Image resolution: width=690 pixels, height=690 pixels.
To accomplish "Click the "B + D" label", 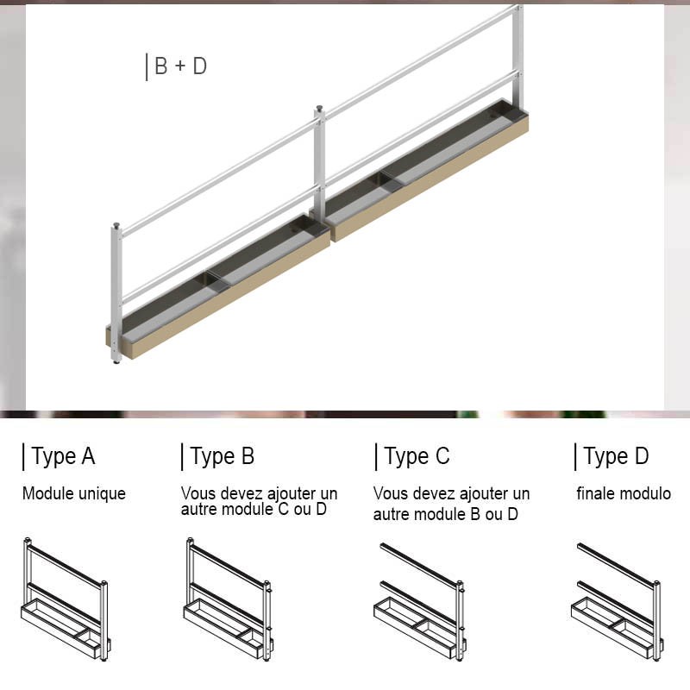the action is pyautogui.click(x=180, y=66).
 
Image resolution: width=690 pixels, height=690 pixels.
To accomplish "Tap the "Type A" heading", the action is pyautogui.click(x=63, y=456).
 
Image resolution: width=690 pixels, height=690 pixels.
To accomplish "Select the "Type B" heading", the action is pyautogui.click(x=223, y=456).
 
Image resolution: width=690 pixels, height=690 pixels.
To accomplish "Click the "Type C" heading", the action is pyautogui.click(x=417, y=456).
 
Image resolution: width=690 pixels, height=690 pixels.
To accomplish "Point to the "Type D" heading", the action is pyautogui.click(x=616, y=456).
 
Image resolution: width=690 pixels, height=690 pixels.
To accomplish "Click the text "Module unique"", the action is pyautogui.click(x=74, y=493).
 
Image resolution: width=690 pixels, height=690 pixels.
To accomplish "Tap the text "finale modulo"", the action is pyautogui.click(x=624, y=493).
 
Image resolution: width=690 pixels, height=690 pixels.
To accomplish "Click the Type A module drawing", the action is pyautogui.click(x=66, y=599).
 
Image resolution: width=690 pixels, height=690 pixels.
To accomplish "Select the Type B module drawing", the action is pyautogui.click(x=229, y=599).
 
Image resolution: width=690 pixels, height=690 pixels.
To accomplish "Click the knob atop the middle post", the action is pyautogui.click(x=319, y=108).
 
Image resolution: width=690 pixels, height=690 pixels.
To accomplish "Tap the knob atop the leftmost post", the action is pyautogui.click(x=116, y=226).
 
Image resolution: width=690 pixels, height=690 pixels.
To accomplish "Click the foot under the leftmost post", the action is pyautogui.click(x=116, y=362).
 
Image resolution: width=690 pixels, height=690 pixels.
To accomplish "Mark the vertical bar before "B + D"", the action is pyautogui.click(x=147, y=67).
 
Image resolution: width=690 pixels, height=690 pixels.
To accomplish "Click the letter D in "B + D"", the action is pyautogui.click(x=200, y=66).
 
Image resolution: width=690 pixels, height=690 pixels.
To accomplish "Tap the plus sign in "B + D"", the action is pyautogui.click(x=180, y=66).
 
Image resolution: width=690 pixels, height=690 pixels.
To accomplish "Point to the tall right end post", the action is pyautogui.click(x=518, y=57).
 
